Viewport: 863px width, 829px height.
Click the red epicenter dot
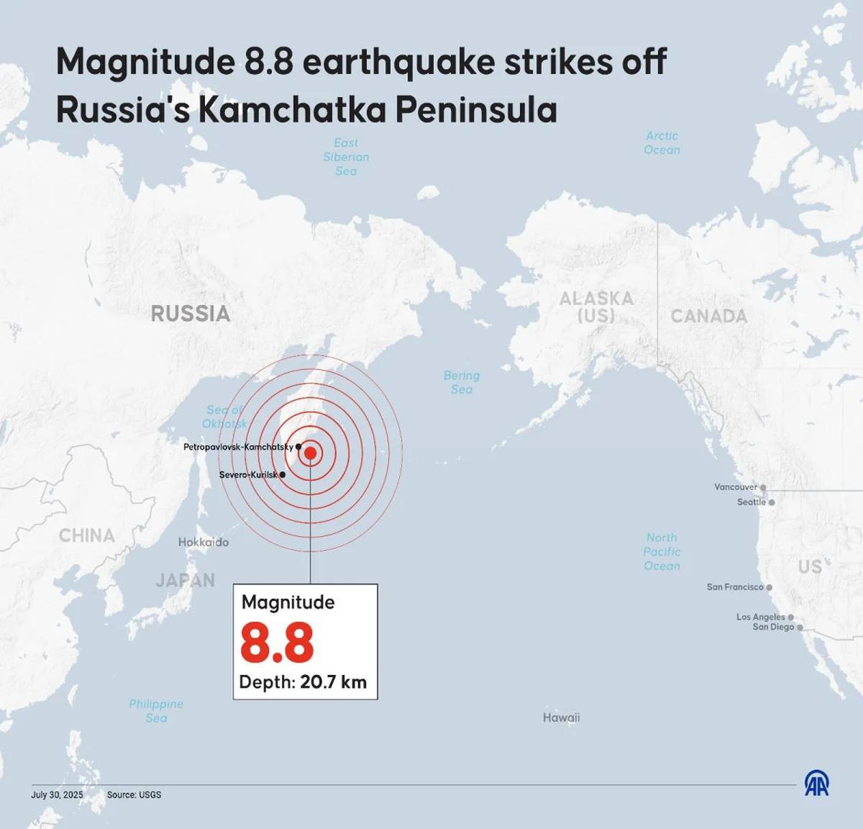(x=310, y=453)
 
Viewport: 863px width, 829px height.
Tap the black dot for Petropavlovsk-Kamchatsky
(x=298, y=447)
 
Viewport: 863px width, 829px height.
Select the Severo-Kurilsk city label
(x=248, y=475)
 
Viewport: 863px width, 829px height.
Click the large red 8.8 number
(x=277, y=643)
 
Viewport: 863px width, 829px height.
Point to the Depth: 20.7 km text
(x=303, y=682)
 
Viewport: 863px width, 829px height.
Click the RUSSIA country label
(x=191, y=314)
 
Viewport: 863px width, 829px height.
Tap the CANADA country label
(x=708, y=316)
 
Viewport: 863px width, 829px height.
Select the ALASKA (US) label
(x=596, y=307)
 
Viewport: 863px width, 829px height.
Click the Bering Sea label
(x=462, y=382)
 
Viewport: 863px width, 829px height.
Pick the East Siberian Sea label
(x=346, y=157)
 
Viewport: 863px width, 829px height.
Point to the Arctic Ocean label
(x=662, y=142)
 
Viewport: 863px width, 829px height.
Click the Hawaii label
(x=561, y=717)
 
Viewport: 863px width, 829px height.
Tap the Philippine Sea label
(x=156, y=711)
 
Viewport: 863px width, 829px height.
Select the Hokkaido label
(x=204, y=542)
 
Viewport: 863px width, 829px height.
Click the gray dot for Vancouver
(x=763, y=487)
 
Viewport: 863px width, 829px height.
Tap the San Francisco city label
(x=734, y=587)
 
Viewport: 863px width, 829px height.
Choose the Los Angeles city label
(x=760, y=617)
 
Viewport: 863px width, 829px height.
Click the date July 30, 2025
(x=57, y=795)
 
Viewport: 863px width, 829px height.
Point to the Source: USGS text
(x=134, y=795)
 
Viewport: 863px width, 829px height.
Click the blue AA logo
(x=816, y=783)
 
